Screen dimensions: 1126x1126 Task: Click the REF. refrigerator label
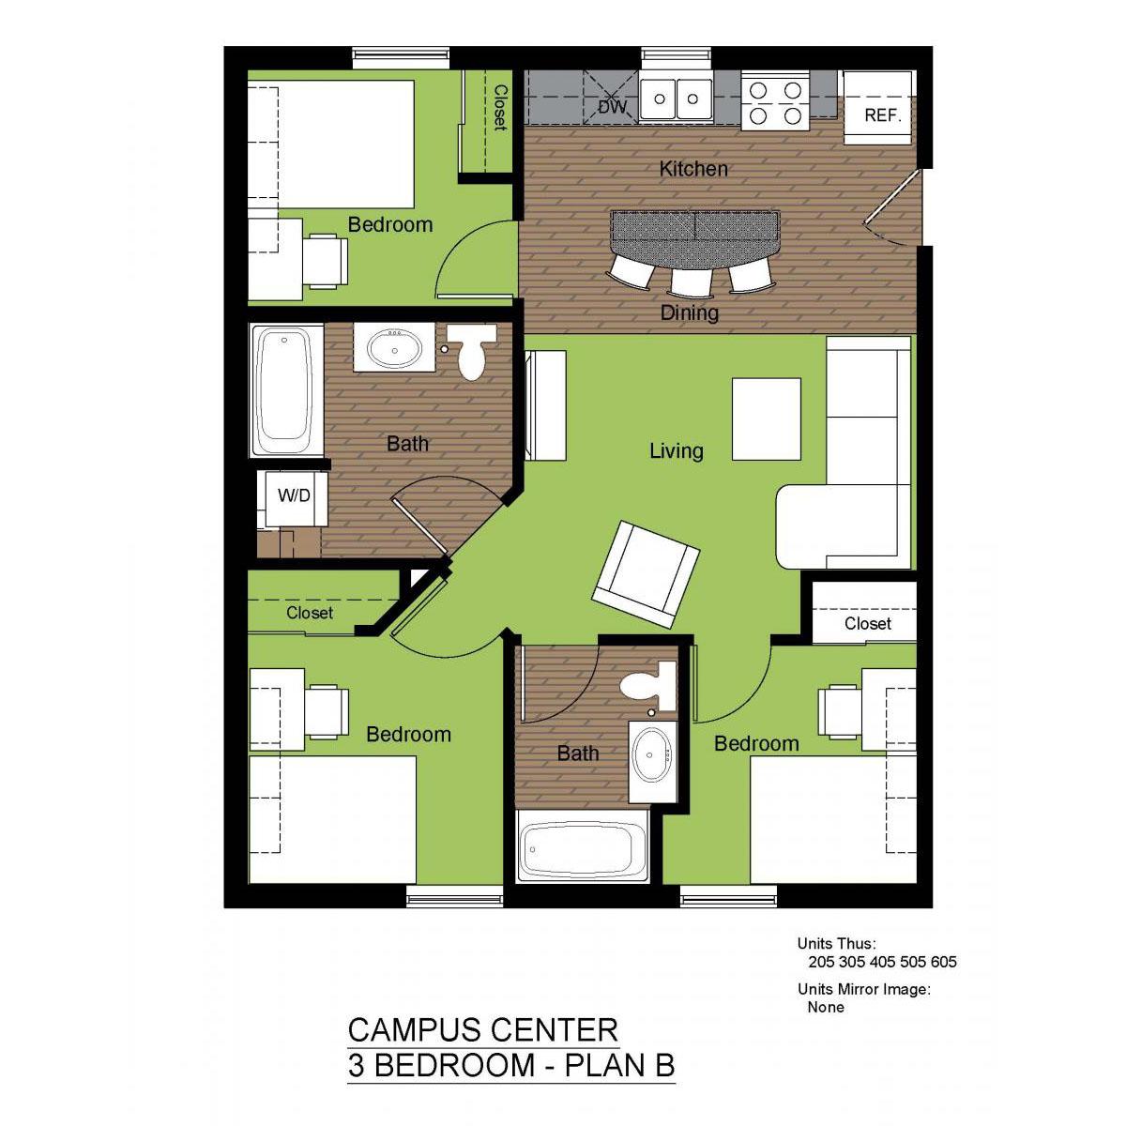tap(882, 115)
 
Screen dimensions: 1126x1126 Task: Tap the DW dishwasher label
tap(613, 107)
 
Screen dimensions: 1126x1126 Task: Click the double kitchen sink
tap(676, 99)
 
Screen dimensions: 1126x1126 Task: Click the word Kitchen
tap(693, 169)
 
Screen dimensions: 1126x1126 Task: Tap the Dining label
tap(690, 312)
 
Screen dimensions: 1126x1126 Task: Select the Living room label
tap(677, 450)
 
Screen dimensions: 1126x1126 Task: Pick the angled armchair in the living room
tap(645, 574)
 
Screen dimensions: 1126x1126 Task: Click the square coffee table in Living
tap(766, 418)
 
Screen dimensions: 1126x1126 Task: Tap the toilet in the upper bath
tap(472, 351)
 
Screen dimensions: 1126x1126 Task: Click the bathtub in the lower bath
tap(582, 846)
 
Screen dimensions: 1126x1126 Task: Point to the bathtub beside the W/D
tap(286, 389)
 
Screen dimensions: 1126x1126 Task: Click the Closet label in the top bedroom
tap(501, 108)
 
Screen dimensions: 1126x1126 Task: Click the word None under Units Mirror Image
tap(826, 1007)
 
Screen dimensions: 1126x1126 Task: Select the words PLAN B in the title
tap(619, 1065)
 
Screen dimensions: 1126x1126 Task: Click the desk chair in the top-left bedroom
tap(326, 261)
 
